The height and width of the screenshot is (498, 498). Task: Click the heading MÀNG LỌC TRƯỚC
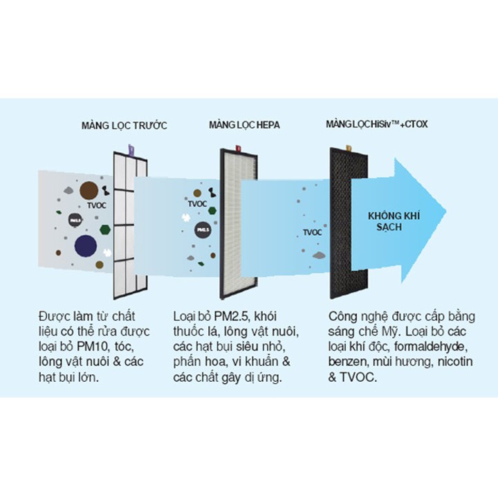[124, 125]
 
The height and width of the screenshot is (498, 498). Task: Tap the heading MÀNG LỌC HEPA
[244, 124]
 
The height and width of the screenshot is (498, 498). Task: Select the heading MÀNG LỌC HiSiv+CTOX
[377, 124]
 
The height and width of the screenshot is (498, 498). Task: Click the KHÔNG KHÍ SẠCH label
[394, 221]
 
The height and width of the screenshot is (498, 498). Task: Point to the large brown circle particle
[89, 191]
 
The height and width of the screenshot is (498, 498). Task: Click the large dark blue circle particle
[86, 246]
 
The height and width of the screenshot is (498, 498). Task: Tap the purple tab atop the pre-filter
[131, 150]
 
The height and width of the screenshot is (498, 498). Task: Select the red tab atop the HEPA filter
[238, 148]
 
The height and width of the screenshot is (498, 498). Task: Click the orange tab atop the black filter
[349, 148]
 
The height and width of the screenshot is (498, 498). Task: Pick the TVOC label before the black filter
[312, 232]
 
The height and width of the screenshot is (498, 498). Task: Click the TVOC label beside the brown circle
[97, 205]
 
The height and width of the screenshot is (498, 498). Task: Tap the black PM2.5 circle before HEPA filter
[203, 230]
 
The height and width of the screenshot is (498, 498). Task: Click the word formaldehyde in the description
[431, 347]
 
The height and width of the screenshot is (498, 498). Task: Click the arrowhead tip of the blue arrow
[446, 212]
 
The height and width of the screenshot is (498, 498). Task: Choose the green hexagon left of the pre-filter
[105, 230]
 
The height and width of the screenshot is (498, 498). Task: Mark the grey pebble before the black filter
[319, 255]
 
